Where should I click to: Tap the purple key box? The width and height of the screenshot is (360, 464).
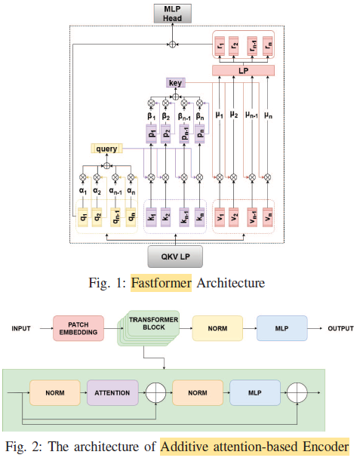[x=176, y=82]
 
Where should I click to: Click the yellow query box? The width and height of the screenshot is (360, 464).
[x=106, y=149]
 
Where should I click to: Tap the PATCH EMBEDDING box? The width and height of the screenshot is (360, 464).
[x=78, y=329]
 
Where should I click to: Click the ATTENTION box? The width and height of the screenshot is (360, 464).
[x=112, y=392]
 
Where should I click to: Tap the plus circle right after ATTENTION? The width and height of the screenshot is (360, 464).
[x=155, y=392]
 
